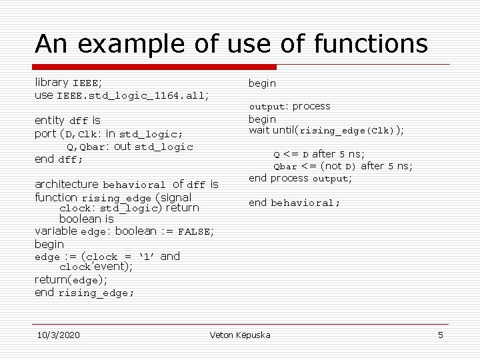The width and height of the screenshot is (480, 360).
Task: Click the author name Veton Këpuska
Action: pos(240,334)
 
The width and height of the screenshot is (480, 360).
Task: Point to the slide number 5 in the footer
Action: pos(440,334)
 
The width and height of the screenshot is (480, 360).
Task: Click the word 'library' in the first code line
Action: pos(51,83)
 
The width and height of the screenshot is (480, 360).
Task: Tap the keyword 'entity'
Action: pos(51,121)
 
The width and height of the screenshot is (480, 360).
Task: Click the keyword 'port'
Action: pos(45,133)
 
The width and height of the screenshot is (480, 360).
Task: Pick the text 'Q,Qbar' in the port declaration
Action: pos(85,147)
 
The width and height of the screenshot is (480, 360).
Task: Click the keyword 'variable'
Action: pos(56,231)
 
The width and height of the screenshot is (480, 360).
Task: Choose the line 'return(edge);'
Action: pos(71,280)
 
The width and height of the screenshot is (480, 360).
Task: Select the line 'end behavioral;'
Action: pos(294,203)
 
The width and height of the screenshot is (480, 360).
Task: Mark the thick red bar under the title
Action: pos(155,67)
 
